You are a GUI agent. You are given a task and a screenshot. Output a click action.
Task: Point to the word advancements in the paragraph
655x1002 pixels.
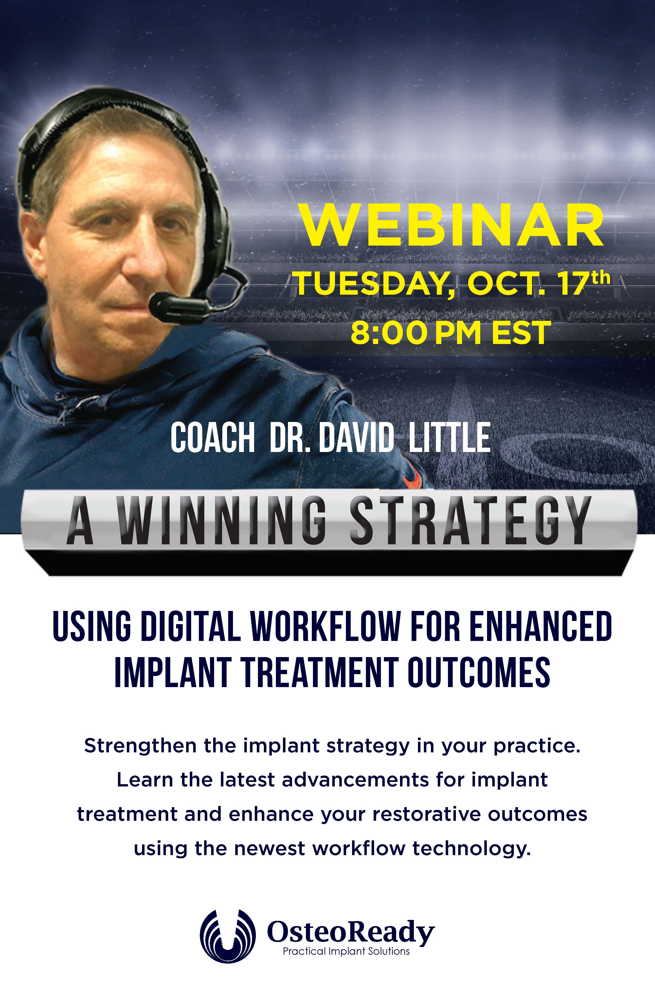click(355, 780)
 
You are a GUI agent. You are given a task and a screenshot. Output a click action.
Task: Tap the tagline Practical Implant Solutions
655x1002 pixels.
click(346, 951)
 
